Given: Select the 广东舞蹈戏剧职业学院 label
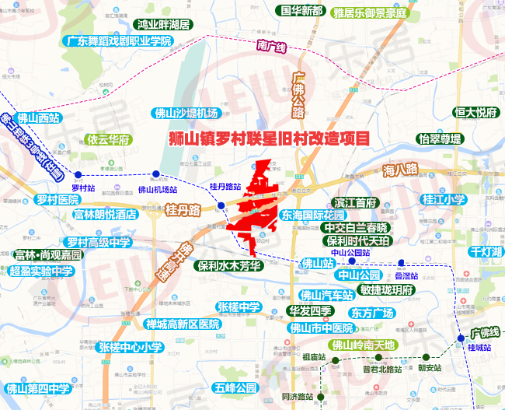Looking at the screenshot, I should pos(118,40).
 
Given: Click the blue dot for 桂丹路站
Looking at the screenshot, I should pos(221,205).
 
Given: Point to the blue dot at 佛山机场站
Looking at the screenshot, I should pos(156,174).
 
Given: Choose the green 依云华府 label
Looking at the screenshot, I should pos(108,141).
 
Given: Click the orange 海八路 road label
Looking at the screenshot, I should pos(400,169).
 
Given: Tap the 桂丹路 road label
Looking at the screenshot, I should pos(183,210).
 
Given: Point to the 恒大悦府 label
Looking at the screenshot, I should pos(475,113).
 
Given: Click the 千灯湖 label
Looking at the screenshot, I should pos(486,252).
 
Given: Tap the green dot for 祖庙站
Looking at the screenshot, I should pos(336,359).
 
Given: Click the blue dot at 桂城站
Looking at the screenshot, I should pos(461,338).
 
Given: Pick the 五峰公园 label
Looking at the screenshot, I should pos(236,387).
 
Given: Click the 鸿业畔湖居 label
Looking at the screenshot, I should pos(164,25).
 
